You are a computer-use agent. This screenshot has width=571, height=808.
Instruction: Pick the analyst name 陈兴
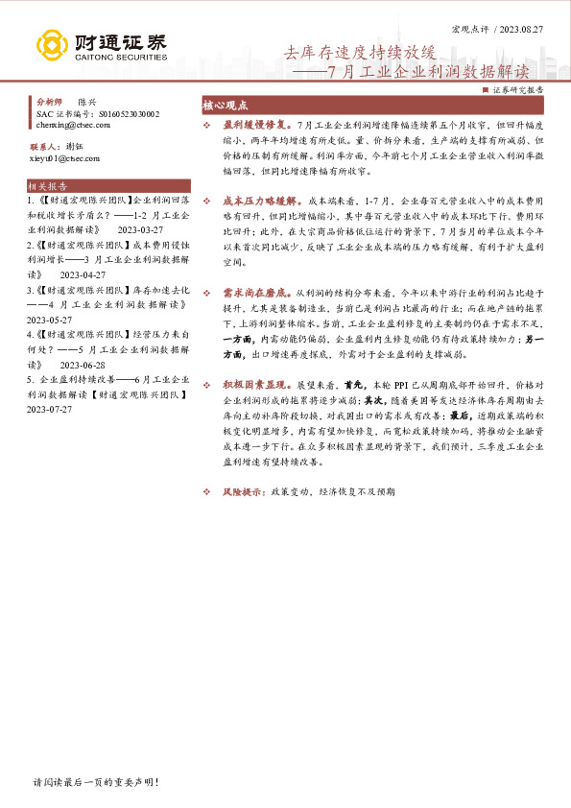pos(87,102)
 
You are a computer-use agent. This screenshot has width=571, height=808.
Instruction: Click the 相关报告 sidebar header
pos(48,186)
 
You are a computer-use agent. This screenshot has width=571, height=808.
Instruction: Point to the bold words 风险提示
pos(243,491)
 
